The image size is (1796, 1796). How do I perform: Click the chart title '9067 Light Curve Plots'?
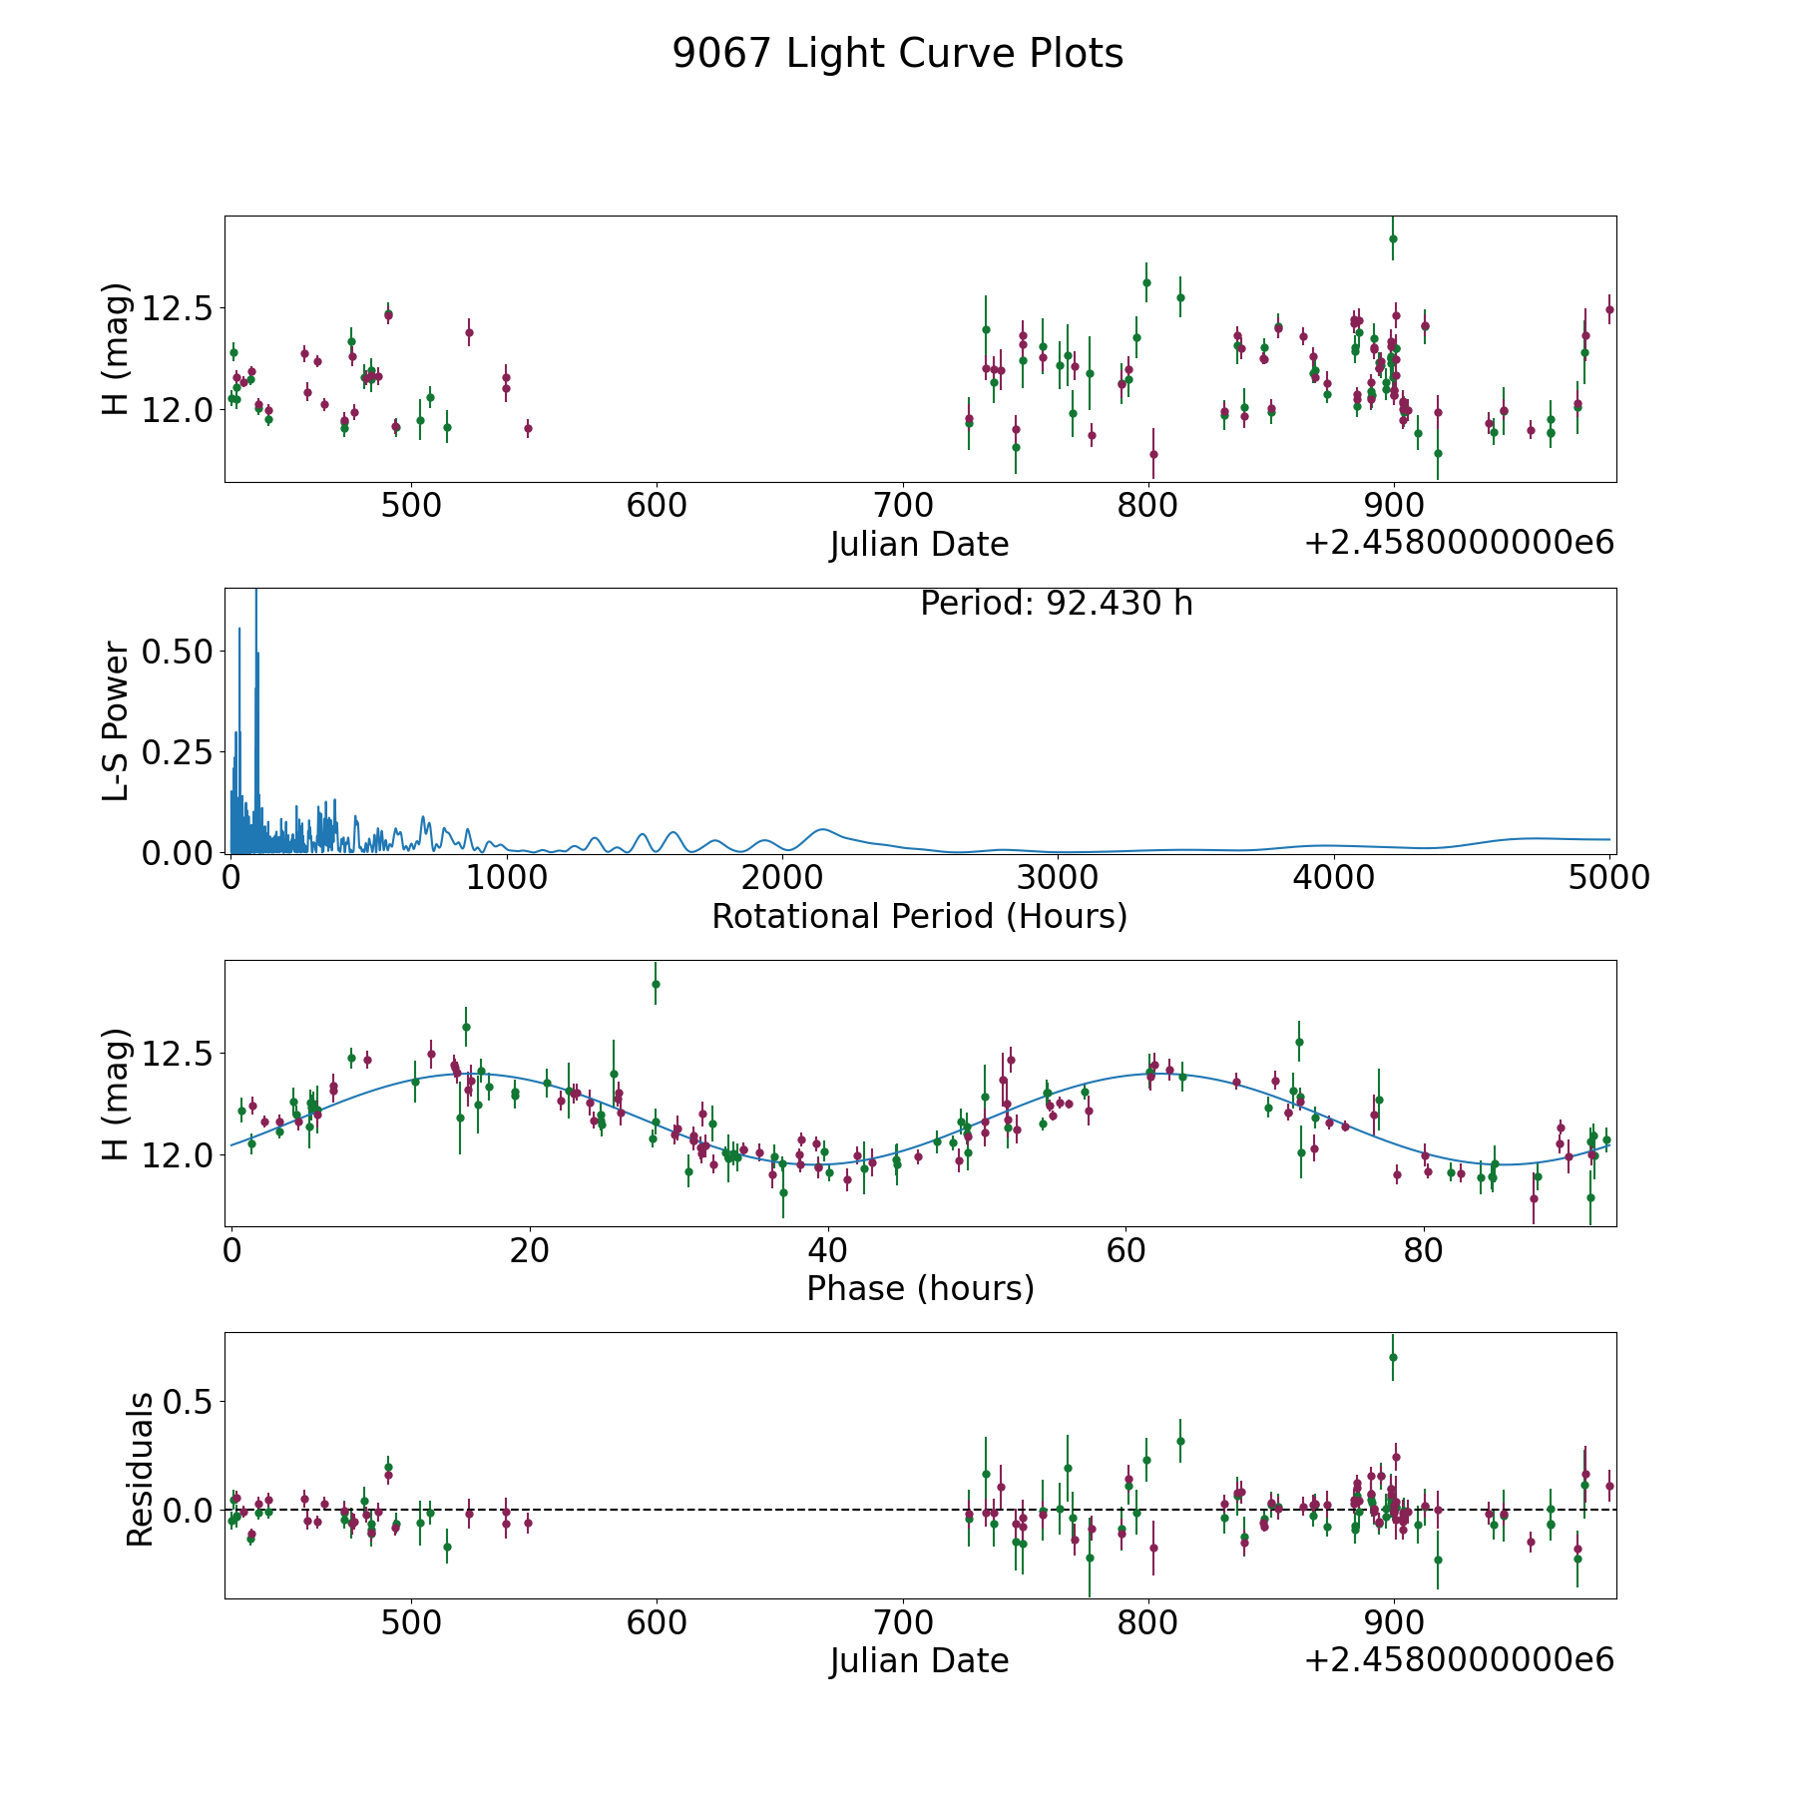pyautogui.click(x=897, y=54)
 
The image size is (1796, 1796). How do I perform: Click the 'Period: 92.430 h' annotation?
pyautogui.click(x=1056, y=604)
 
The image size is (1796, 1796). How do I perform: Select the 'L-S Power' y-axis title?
pyautogui.click(x=117, y=720)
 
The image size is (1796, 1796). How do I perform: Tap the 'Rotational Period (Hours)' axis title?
pyautogui.click(x=919, y=916)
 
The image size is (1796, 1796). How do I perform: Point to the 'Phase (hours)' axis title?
pyautogui.click(x=920, y=1288)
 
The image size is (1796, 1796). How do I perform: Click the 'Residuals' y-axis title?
pyautogui.click(x=140, y=1469)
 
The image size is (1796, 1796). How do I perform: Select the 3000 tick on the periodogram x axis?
pyautogui.click(x=1058, y=877)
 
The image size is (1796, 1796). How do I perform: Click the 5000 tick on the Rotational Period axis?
pyautogui.click(x=1608, y=877)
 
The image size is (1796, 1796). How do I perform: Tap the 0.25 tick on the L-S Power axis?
pyautogui.click(x=178, y=751)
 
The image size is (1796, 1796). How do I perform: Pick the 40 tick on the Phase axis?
pyautogui.click(x=827, y=1250)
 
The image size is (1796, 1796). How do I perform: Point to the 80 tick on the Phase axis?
pyautogui.click(x=1424, y=1250)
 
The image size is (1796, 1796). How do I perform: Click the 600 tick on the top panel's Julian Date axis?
pyautogui.click(x=657, y=506)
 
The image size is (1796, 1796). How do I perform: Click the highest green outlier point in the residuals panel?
pyautogui.click(x=1393, y=1357)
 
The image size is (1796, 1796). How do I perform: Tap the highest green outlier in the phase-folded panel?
pyautogui.click(x=656, y=984)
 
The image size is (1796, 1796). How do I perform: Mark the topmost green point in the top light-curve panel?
pyautogui.click(x=1393, y=238)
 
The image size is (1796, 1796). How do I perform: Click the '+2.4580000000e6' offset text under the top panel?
pyautogui.click(x=1459, y=543)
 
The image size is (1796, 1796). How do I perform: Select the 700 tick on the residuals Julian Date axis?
pyautogui.click(x=902, y=1623)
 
